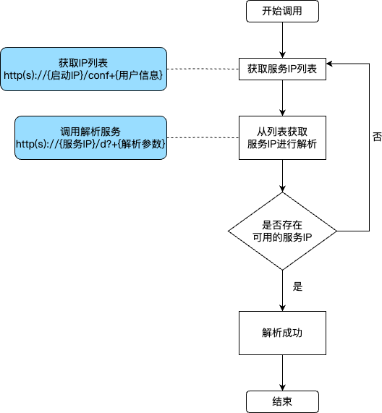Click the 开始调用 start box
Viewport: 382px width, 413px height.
tap(282, 11)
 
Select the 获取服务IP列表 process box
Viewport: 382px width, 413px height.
tap(282, 69)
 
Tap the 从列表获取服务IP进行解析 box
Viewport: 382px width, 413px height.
tap(282, 137)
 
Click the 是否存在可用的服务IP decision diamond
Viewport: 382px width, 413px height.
tap(282, 231)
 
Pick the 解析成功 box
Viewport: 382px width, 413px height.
tap(282, 333)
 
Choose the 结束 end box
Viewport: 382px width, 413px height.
tap(282, 401)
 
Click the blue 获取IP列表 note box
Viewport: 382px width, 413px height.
tap(83, 69)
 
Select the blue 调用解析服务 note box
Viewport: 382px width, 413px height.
tap(90, 137)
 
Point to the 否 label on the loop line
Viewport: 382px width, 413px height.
tap(377, 137)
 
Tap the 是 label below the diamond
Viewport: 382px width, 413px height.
tap(297, 286)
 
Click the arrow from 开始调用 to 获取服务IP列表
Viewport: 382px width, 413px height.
tap(282, 40)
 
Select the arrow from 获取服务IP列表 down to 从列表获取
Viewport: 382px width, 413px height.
tap(282, 98)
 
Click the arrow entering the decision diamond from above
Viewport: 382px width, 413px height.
tap(282, 176)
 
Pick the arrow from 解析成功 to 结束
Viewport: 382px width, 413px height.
tap(282, 372)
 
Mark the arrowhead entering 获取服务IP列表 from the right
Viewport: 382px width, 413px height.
tap(329, 64)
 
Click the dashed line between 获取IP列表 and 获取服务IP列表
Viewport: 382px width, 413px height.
tap(203, 69)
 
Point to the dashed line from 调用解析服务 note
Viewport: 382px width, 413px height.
tap(203, 137)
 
